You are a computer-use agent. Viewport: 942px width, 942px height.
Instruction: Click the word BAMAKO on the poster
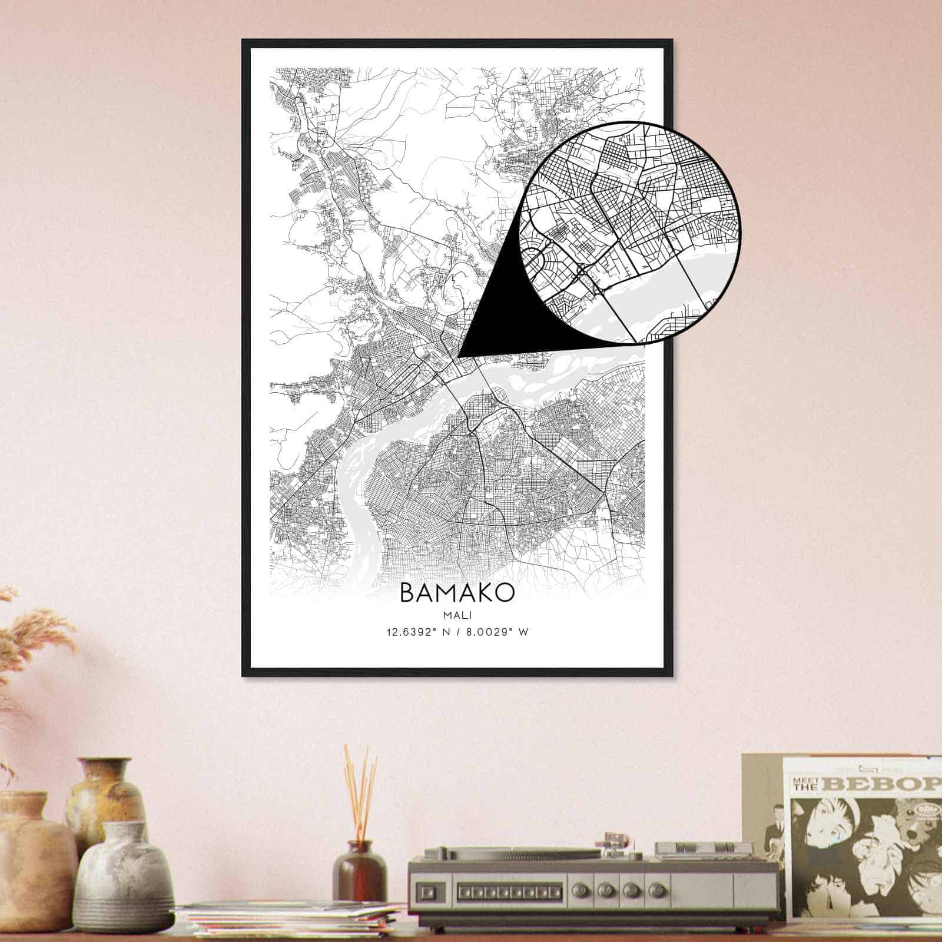457,592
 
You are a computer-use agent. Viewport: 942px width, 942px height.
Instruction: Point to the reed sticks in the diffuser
359,789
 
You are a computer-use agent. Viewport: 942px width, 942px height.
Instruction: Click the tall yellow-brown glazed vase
106,795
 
